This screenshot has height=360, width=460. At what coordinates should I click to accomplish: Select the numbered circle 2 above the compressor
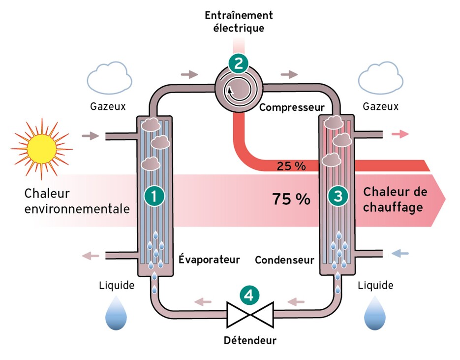pyautogui.click(x=239, y=63)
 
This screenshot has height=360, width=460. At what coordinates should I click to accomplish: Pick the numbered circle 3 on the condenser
pyautogui.click(x=338, y=196)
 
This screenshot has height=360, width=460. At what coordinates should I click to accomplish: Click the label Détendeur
pyautogui.click(x=250, y=340)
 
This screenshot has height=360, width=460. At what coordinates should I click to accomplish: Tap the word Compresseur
pyautogui.click(x=292, y=107)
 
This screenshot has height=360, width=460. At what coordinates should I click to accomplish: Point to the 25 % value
pyautogui.click(x=291, y=166)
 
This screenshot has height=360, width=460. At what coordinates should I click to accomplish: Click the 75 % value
pyautogui.click(x=291, y=199)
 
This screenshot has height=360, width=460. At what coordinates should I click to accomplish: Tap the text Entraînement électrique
pyautogui.click(x=239, y=21)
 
